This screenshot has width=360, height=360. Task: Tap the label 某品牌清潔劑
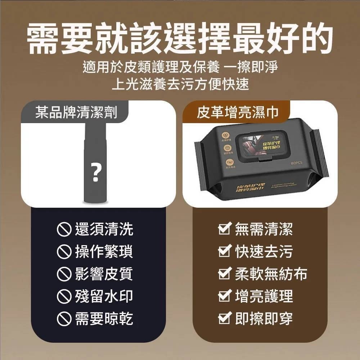click(x=76, y=113)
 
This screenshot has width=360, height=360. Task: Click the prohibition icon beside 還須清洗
click(x=64, y=229)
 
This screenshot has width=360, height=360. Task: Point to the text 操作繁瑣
click(x=104, y=251)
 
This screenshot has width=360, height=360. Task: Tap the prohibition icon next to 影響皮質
click(x=64, y=274)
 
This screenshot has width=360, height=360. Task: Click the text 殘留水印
click(x=104, y=296)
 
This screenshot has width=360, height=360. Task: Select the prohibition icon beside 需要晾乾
click(x=64, y=319)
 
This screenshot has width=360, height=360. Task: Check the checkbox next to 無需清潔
click(x=225, y=229)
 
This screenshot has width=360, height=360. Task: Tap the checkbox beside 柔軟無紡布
click(x=225, y=274)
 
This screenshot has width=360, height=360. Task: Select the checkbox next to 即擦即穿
click(x=225, y=319)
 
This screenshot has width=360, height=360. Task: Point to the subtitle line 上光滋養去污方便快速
click(x=180, y=84)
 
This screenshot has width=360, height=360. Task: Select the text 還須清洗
click(x=104, y=229)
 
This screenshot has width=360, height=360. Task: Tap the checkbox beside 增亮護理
click(x=225, y=296)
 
